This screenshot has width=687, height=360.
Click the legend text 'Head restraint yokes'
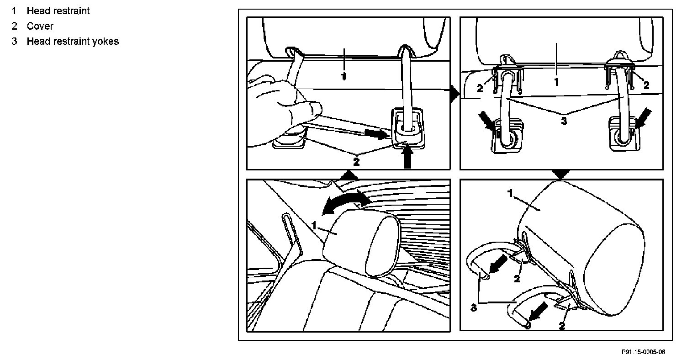[x=73, y=42]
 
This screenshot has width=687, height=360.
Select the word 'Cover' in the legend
[x=40, y=26]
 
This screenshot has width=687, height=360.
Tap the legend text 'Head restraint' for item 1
[x=58, y=11]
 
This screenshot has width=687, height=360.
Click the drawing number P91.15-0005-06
[x=643, y=352]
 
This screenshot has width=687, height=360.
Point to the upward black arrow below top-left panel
[x=407, y=157]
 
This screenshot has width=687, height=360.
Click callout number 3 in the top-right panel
[x=564, y=121]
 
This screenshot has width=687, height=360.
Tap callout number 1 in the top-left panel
[x=344, y=75]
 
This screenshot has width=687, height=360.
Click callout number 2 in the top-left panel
[x=356, y=161]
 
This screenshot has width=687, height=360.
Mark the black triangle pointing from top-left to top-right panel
[x=454, y=95]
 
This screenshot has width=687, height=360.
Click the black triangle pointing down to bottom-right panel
[x=560, y=174]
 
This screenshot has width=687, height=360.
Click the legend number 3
[x=15, y=42]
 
